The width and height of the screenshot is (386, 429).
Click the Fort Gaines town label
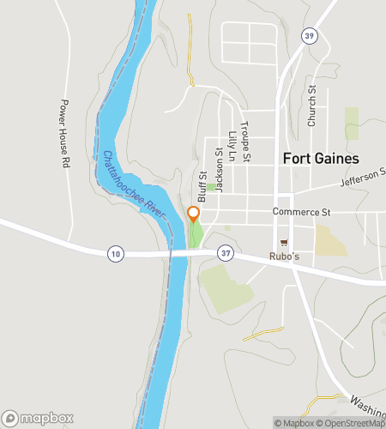(x=320, y=158)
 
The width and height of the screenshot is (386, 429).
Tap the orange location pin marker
(x=194, y=214)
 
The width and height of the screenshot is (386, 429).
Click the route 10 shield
(x=116, y=253)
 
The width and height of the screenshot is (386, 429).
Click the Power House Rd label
(x=64, y=132)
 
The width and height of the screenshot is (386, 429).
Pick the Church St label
(x=312, y=106)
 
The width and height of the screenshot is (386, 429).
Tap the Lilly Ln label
(x=232, y=147)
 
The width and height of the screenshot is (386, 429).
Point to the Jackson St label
(x=219, y=169)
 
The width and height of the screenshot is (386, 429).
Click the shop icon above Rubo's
(x=284, y=243)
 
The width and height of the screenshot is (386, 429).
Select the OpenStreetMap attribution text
(x=347, y=423)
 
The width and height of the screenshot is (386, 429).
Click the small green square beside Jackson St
(x=210, y=186)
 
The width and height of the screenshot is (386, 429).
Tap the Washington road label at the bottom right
(x=368, y=403)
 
